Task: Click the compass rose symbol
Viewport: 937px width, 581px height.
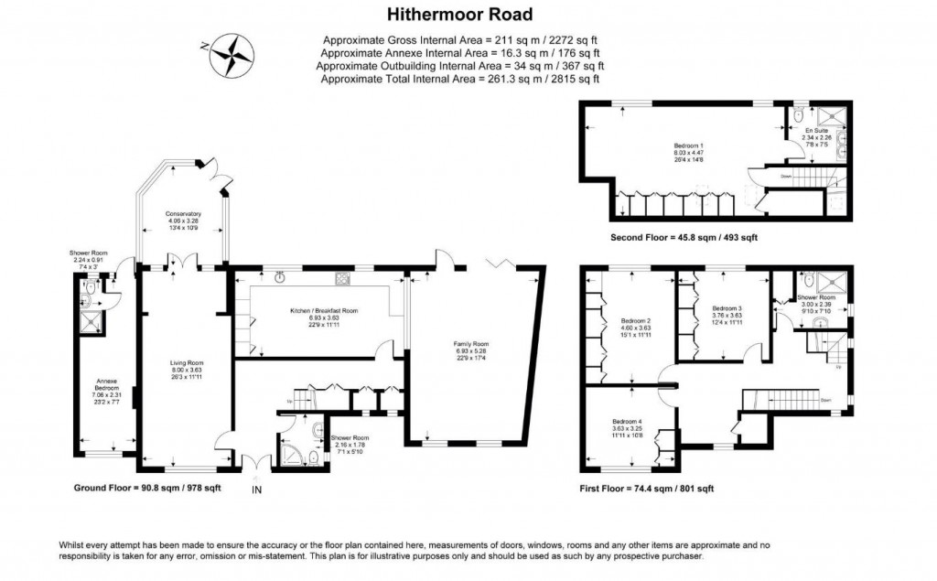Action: coord(230,54)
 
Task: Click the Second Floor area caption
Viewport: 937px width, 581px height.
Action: coord(684,237)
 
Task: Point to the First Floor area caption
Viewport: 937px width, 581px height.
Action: coord(646,489)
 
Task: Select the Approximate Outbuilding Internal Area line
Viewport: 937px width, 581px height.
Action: coord(460,66)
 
